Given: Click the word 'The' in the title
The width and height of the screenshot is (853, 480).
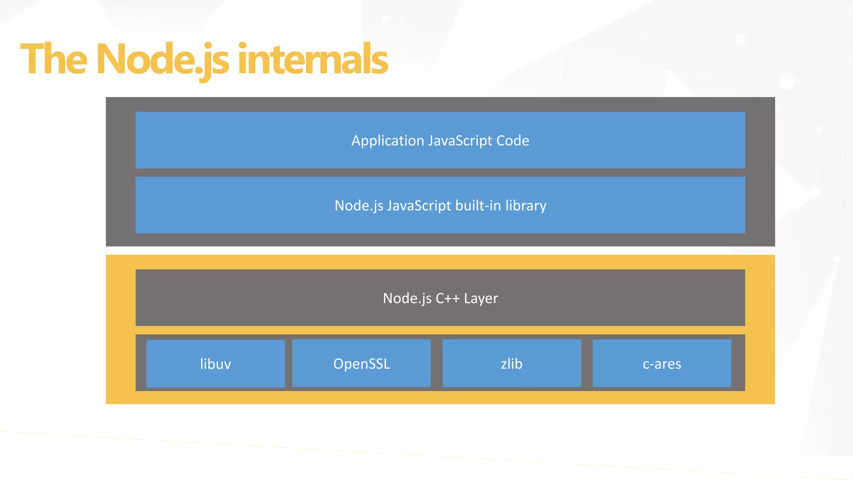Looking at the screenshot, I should (x=54, y=60).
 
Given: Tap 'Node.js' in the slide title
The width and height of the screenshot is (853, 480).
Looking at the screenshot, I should (x=162, y=60).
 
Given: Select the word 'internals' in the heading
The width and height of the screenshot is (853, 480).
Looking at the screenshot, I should (x=313, y=60).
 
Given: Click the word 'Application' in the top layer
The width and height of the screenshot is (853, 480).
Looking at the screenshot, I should (x=388, y=141).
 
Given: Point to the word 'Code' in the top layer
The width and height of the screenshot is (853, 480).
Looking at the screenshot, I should (x=513, y=141).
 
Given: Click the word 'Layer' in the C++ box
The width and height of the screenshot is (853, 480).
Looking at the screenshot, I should (x=481, y=298).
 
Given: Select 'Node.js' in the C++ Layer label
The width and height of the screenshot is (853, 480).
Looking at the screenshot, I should (x=407, y=298).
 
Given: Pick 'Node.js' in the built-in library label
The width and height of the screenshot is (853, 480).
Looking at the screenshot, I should (x=359, y=206).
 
